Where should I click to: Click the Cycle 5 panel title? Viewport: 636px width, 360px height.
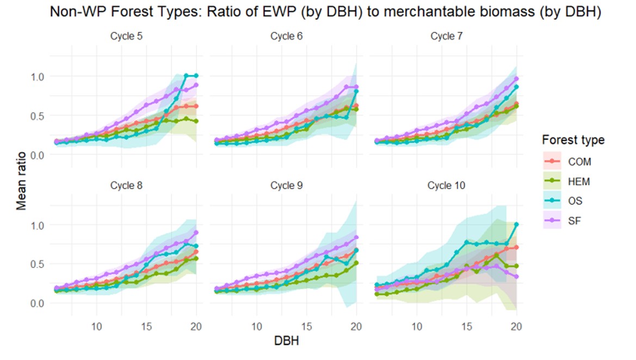pyautogui.click(x=126, y=36)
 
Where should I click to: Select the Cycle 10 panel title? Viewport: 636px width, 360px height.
pyautogui.click(x=446, y=185)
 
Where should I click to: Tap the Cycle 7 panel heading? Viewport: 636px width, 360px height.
pyautogui.click(x=446, y=36)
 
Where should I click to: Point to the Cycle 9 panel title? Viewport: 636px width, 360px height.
pyautogui.click(x=286, y=185)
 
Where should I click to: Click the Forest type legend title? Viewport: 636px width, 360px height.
pyautogui.click(x=573, y=140)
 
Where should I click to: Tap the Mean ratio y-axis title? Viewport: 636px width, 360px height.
pyautogui.click(x=21, y=181)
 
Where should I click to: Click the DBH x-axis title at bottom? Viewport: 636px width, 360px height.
pyautogui.click(x=286, y=341)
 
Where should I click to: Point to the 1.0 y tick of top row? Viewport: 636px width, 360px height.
pyautogui.click(x=38, y=77)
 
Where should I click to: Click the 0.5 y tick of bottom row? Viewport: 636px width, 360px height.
pyautogui.click(x=38, y=264)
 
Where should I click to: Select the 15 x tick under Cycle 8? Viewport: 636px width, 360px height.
pyautogui.click(x=146, y=326)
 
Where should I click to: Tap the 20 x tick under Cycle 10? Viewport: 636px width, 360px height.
pyautogui.click(x=516, y=326)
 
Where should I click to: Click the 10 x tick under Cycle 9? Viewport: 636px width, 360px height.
pyautogui.click(x=256, y=326)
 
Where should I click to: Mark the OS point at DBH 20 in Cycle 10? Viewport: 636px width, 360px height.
pyautogui.click(x=516, y=224)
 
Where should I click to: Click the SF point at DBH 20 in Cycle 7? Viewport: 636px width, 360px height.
pyautogui.click(x=516, y=79)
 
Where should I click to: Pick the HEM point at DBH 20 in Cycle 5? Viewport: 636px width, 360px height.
pyautogui.click(x=196, y=121)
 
